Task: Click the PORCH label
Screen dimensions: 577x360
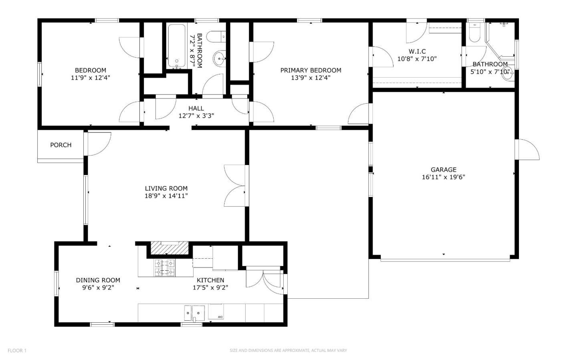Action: [x=61, y=145]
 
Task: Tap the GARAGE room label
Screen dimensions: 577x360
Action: [x=443, y=169]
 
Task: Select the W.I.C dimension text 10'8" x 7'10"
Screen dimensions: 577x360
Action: [x=417, y=59]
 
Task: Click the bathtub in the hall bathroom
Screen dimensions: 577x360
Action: [x=177, y=46]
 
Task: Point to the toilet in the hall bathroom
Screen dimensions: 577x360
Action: [x=216, y=36]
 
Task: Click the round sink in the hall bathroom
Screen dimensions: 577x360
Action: [x=220, y=58]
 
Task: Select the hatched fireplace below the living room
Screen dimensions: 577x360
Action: [x=169, y=248]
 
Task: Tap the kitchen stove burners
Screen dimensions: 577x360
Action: [x=164, y=268]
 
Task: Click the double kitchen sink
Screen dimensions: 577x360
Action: [x=194, y=313]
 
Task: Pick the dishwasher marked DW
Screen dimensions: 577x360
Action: [x=216, y=312]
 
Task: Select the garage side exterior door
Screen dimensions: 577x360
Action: [x=529, y=149]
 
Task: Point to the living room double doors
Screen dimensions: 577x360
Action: [x=235, y=185]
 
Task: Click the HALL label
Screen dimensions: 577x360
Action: [x=196, y=109]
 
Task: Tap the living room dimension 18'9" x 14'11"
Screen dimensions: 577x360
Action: [x=166, y=196]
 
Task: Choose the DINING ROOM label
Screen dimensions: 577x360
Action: [x=98, y=280]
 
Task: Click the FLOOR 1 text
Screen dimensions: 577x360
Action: [x=17, y=350]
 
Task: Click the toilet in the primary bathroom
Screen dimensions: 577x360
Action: [x=474, y=33]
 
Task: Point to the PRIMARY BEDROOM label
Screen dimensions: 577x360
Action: [x=311, y=70]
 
